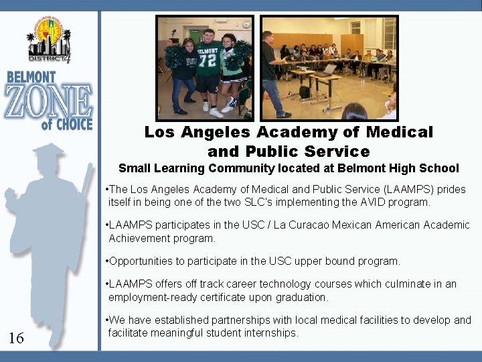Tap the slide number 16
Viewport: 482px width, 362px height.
pos(16,338)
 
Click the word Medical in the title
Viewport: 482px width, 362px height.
pos(402,133)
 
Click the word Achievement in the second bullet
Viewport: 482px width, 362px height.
pos(140,238)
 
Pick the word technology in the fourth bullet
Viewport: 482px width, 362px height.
pos(283,284)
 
